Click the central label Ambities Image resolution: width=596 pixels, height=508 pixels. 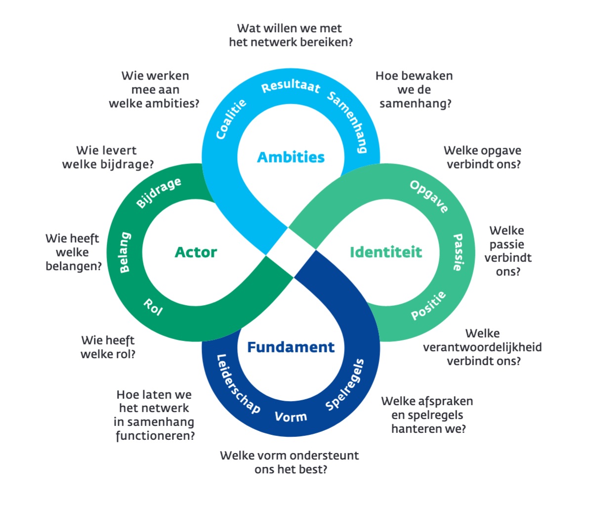[x=291, y=157]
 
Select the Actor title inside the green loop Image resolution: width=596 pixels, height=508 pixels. [x=196, y=252]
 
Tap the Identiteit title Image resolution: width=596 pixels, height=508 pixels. [x=385, y=252]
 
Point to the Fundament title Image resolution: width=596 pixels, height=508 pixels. [x=291, y=347]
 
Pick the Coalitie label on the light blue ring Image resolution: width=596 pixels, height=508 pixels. [x=231, y=119]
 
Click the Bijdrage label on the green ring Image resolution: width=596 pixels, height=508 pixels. [x=159, y=193]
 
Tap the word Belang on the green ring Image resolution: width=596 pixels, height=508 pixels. [x=125, y=252]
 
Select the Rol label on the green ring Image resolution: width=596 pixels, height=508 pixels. [x=153, y=307]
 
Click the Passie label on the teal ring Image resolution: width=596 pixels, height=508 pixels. [x=458, y=252]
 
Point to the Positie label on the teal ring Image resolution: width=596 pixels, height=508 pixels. [x=428, y=305]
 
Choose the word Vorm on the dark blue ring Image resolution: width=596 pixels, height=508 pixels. [x=291, y=417]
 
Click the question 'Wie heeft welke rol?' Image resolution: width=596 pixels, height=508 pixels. [x=108, y=347]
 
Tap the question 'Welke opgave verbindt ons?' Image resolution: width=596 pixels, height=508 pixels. [x=483, y=157]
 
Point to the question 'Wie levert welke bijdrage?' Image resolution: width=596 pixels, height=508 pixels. [x=107, y=157]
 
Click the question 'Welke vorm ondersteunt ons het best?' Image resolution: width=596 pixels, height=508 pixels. [x=290, y=462]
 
